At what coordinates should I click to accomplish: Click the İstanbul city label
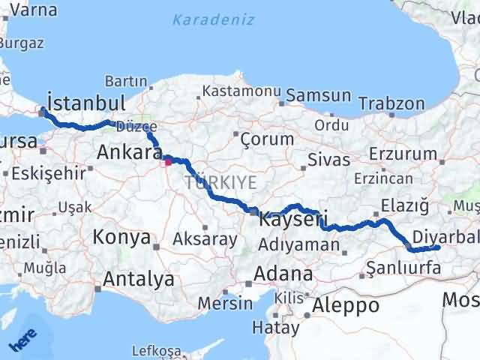point(85,102)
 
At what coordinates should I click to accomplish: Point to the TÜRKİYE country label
point(221,182)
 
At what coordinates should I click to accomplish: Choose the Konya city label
point(121,238)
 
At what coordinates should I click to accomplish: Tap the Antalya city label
point(139,280)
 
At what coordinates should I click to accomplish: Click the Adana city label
point(283,273)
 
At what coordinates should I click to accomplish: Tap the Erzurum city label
point(409,154)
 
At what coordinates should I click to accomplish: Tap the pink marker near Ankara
point(168,159)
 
